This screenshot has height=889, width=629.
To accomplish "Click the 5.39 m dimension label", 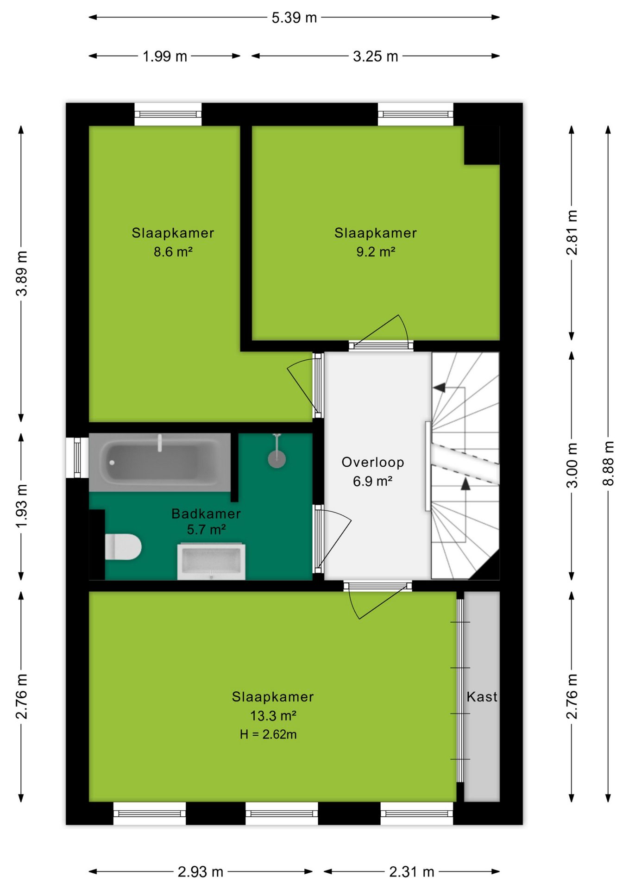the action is tap(294, 18).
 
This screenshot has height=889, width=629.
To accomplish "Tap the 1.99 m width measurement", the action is tap(165, 56).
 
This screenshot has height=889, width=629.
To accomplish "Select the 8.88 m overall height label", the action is tap(608, 463).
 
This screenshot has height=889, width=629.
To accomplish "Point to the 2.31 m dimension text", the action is tap(412, 872).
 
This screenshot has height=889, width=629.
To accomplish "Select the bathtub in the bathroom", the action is tap(160, 462).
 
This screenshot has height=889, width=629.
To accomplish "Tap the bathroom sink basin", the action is tap(211, 562).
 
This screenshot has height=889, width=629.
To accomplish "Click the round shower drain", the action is tap(277, 459).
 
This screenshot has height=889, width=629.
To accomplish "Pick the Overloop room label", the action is tap(373, 462).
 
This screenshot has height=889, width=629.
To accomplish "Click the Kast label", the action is tap(482, 697).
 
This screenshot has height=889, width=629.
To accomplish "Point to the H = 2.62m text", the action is tap(268, 734).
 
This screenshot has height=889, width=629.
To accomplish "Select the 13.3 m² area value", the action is tap(273, 716).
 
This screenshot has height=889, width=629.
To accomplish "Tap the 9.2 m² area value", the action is tap(376, 252).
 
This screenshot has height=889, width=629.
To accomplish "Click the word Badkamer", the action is tap(206, 513).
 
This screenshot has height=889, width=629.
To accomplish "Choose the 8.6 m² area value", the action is tap(173, 252).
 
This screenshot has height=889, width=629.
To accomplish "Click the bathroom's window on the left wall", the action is tap(77, 457).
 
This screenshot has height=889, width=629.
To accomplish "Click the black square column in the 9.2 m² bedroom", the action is tap(482, 145).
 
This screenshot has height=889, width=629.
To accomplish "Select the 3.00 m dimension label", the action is tap(572, 465).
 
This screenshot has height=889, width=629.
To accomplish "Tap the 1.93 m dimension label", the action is tap(21, 506).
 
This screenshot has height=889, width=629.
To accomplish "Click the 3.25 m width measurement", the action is tap(376, 56).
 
